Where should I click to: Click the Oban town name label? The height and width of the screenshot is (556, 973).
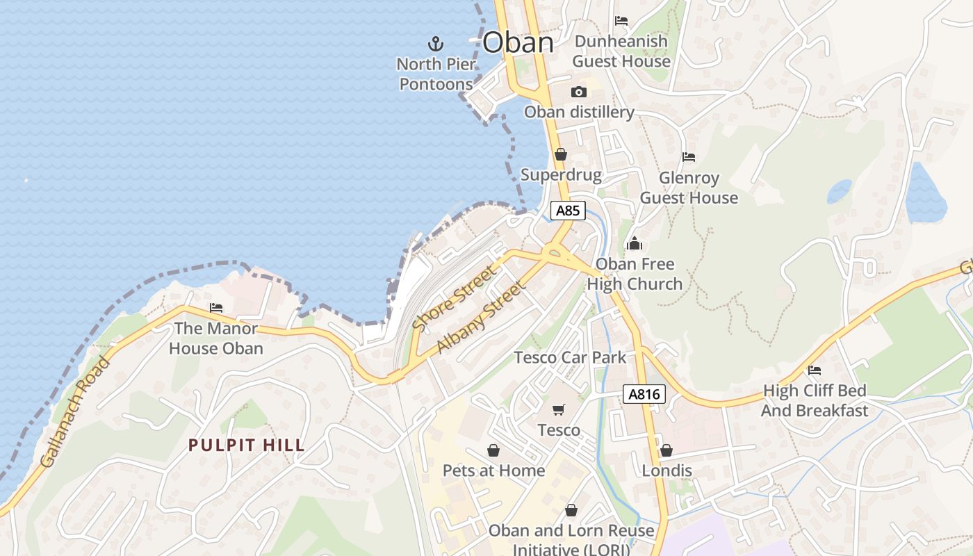point(518,43)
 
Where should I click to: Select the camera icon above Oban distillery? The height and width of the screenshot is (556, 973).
point(578,92)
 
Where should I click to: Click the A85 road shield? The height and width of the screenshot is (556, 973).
point(568,210)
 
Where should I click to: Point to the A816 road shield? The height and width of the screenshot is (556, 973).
point(644,395)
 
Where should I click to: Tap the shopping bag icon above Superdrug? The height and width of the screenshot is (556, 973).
point(560,154)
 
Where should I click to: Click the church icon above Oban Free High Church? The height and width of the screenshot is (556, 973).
point(634,244)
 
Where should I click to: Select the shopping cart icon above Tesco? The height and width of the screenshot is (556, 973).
point(559,409)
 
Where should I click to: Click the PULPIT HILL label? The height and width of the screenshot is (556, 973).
point(247,445)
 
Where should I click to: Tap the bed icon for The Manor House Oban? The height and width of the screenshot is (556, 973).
point(216,307)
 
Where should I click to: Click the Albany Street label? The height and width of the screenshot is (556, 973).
point(481,317)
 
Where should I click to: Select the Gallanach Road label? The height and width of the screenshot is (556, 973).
point(75,411)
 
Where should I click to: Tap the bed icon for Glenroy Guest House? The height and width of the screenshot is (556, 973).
point(689,157)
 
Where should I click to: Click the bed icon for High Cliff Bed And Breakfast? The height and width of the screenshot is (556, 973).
point(815,370)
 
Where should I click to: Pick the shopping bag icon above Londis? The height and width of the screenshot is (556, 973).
point(667,450)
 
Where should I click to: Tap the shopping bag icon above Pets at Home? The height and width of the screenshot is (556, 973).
point(493,450)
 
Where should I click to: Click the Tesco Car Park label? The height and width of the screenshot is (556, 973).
point(570,357)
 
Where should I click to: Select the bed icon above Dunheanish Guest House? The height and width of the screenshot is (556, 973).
point(621,21)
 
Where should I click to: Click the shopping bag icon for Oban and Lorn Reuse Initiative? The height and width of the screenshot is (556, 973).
point(571,510)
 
